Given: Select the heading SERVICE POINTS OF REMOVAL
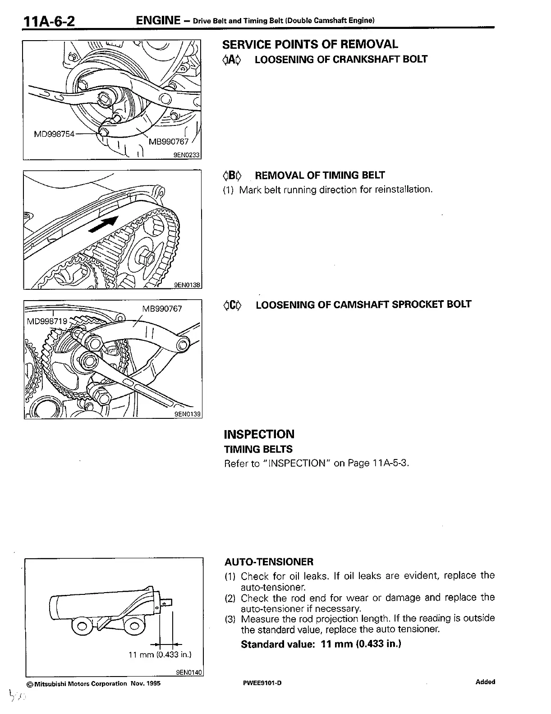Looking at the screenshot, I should (310, 44).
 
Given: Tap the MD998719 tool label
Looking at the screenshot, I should (47, 321).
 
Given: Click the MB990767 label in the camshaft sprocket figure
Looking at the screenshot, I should (162, 309).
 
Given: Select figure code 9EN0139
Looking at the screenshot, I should (187, 413).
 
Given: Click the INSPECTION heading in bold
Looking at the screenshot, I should (259, 434).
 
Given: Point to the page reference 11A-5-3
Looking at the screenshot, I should (390, 464).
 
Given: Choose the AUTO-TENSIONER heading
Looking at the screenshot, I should (269, 562).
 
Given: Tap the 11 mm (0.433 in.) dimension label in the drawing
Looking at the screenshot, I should (160, 654).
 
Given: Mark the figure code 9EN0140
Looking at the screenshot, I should (188, 672).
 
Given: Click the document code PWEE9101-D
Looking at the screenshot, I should (262, 683).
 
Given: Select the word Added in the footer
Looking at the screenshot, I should (485, 682).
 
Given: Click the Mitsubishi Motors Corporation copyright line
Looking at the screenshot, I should (93, 683).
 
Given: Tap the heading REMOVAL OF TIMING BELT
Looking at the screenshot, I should (320, 175).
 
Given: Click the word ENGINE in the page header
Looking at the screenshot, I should (158, 20).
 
